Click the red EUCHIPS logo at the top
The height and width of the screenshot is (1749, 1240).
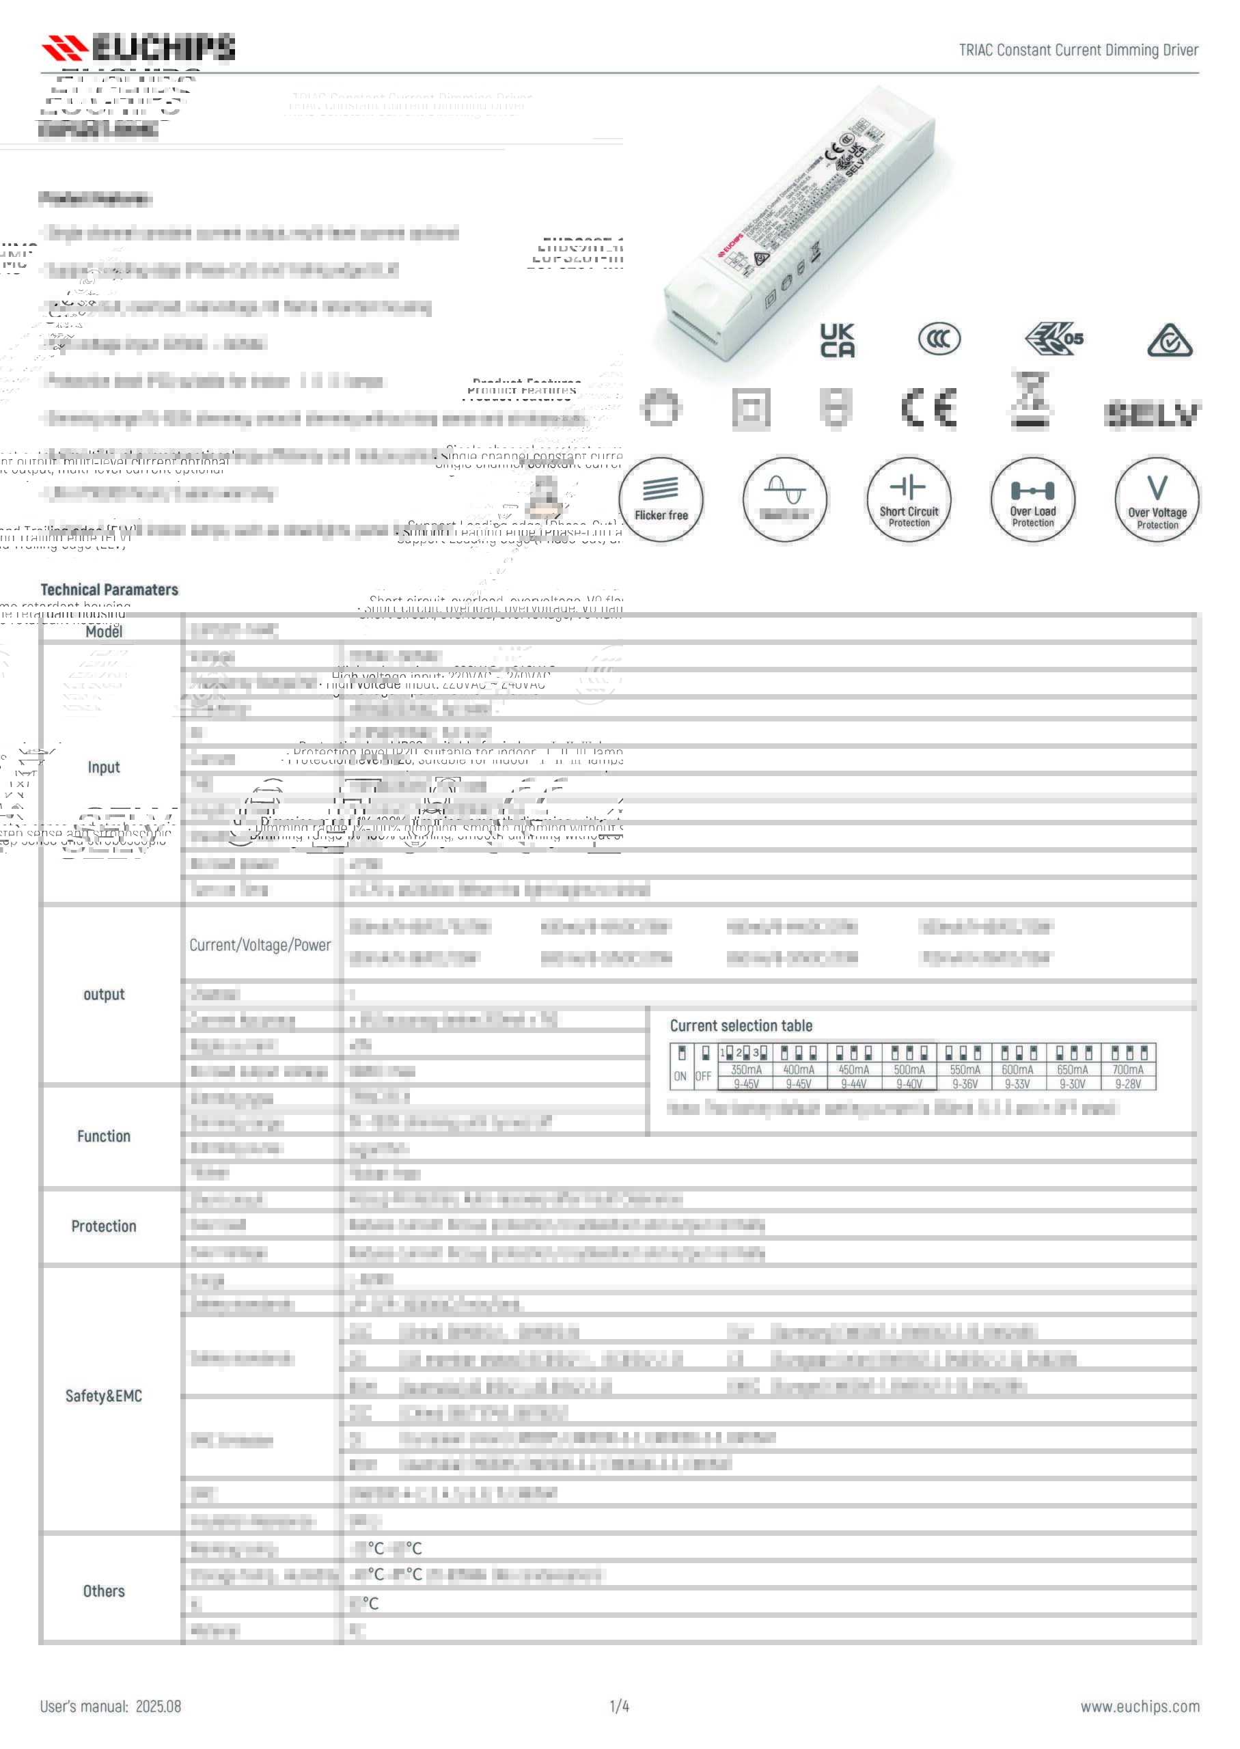[138, 47]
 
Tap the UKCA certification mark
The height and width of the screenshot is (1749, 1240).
[837, 340]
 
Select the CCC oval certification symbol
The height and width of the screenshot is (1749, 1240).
[939, 339]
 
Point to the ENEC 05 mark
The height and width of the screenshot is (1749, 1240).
[1054, 339]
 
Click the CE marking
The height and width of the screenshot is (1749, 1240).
[929, 409]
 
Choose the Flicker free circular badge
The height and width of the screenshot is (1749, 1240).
[661, 500]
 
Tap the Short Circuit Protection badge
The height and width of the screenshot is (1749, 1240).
[909, 500]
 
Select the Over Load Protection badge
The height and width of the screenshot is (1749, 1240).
[1032, 500]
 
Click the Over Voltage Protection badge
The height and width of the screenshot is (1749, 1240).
[1157, 500]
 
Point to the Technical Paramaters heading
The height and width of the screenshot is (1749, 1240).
[109, 590]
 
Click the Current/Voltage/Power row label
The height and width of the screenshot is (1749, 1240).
[260, 945]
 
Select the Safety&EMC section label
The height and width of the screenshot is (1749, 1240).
[103, 1396]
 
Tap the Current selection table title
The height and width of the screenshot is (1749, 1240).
[741, 1026]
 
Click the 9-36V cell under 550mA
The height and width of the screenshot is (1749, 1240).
[965, 1084]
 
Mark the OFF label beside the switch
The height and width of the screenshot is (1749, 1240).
[703, 1077]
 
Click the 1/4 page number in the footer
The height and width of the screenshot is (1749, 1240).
[619, 1706]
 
